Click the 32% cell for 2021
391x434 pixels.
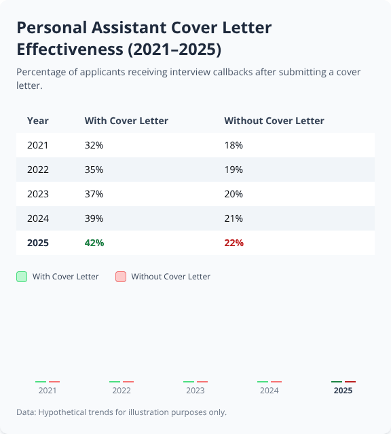94,145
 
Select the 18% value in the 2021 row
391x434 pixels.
234,145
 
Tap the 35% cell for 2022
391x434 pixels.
94,170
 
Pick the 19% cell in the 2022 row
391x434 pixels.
234,170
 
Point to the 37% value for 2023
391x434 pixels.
94,194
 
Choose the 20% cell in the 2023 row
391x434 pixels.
234,194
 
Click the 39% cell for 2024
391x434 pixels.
94,218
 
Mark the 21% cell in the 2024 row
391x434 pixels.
234,218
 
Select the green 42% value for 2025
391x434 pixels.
94,243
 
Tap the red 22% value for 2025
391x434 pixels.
234,243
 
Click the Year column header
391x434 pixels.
38,121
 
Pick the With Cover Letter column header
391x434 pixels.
126,121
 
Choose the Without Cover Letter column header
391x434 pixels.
274,121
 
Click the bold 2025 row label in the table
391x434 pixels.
38,243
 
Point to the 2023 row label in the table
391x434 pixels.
38,194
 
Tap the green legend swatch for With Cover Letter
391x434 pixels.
22,277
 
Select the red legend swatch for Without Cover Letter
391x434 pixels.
121,277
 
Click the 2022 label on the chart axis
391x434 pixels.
122,391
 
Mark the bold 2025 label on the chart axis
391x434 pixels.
343,391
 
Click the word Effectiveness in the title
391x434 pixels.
75,50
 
